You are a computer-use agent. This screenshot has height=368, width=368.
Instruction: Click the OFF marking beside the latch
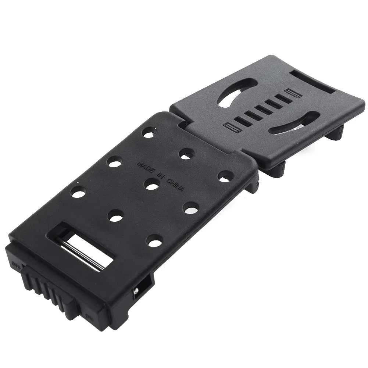point(16,264)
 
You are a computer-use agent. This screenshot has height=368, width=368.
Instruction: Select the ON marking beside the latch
point(88,315)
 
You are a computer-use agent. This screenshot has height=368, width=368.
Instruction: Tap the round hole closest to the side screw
point(153,241)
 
